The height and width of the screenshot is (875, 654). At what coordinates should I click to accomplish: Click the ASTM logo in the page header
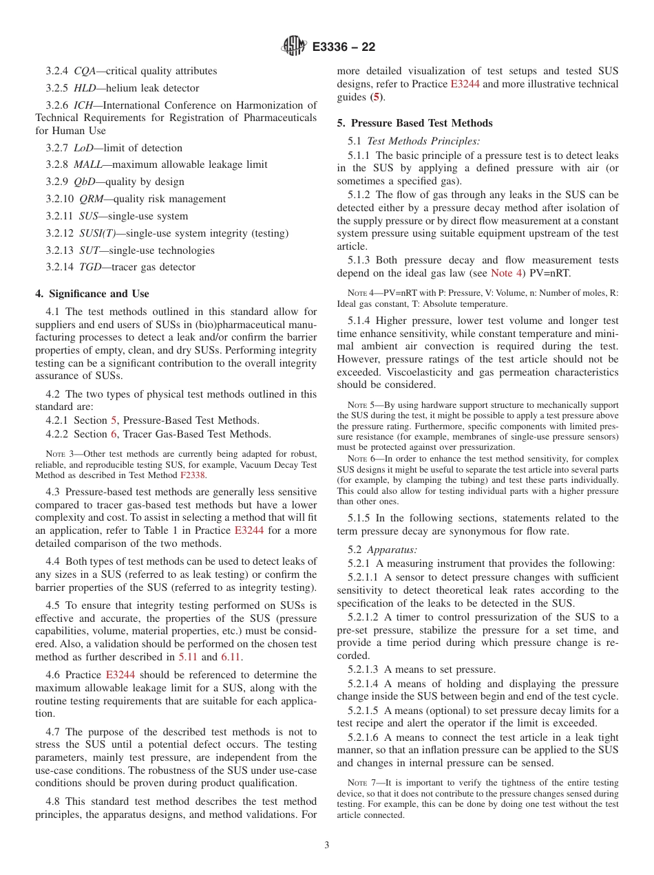[294, 47]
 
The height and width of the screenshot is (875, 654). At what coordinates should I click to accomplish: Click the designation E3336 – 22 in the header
[344, 47]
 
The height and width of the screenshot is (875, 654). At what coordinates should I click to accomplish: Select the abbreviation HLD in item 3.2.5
[85, 88]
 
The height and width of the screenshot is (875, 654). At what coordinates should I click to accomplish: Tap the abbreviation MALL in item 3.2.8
[87, 164]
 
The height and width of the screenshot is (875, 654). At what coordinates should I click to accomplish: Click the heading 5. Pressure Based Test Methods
[414, 123]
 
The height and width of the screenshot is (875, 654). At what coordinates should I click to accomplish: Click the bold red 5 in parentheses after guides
[375, 98]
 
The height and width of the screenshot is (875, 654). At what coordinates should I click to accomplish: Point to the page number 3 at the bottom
[327, 845]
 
